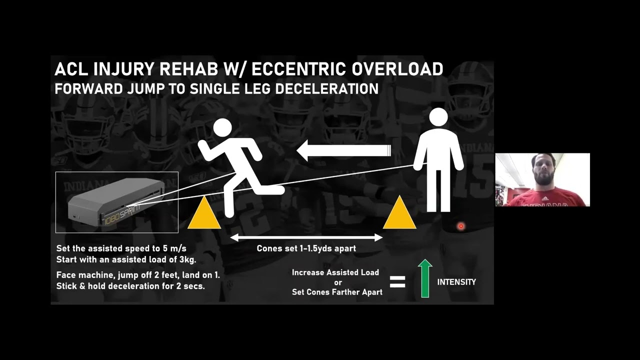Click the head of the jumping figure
(222, 128)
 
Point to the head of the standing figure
(438, 117)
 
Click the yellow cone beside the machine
(204, 213)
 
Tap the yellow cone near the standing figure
(399, 213)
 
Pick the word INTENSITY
(456, 282)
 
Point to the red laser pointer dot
(461, 226)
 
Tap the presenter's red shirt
(545, 198)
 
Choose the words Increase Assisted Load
(335, 272)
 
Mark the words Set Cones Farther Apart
(337, 292)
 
